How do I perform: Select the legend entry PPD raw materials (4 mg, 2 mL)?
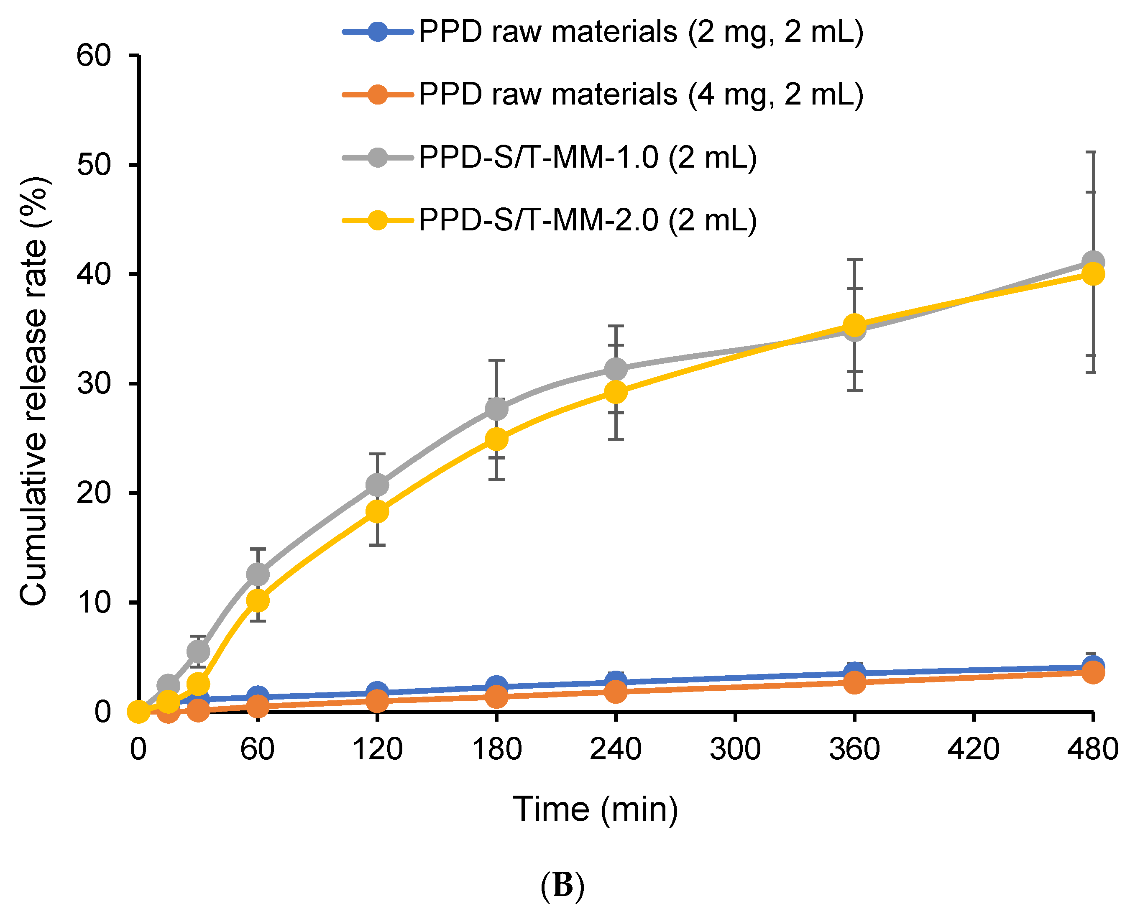point(641,95)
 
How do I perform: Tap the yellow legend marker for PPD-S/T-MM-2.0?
point(378,220)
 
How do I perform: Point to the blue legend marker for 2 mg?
point(378,32)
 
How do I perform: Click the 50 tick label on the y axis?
point(94,165)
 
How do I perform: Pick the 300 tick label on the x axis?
point(735,749)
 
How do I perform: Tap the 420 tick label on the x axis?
point(974,749)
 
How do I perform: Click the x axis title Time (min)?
point(596,809)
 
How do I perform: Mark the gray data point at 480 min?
point(1093,261)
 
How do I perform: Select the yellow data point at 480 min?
point(1093,274)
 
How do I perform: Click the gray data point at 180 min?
point(496,408)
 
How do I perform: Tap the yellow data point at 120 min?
point(378,511)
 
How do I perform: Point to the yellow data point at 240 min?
point(616,392)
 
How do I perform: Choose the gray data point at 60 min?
point(258,574)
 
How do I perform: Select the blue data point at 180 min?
point(496,686)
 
